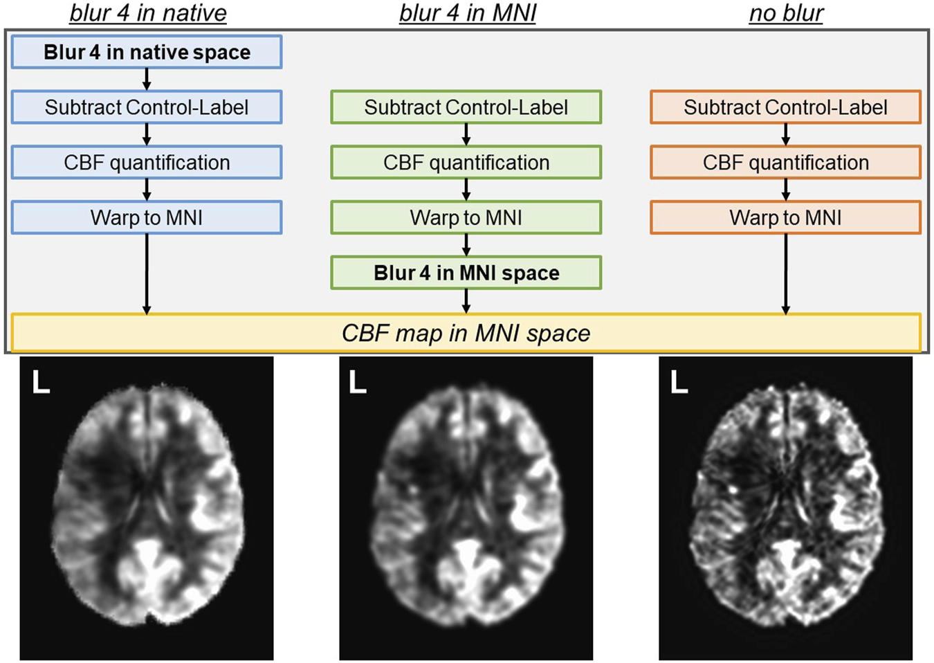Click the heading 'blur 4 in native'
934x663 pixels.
tap(148, 13)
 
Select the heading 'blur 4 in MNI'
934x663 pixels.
tap(467, 13)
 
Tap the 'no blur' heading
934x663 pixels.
tap(786, 13)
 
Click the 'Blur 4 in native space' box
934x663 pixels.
tap(147, 53)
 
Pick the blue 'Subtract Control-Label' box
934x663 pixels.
tap(147, 107)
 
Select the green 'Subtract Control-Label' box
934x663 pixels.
tap(466, 107)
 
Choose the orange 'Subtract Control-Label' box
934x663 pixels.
tap(785, 107)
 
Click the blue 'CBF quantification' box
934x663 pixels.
tap(147, 163)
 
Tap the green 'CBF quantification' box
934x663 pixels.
tap(466, 163)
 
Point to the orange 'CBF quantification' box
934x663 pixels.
tap(785, 163)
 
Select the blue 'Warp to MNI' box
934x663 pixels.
tap(147, 218)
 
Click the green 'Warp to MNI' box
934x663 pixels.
tap(466, 218)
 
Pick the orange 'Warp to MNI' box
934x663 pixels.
tap(785, 218)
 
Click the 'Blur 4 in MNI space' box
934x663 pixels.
tap(466, 273)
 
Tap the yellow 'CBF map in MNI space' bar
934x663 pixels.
tap(466, 333)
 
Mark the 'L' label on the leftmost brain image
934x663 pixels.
tap(41, 382)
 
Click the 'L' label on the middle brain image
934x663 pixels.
tap(357, 382)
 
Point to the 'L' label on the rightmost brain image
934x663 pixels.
tap(679, 382)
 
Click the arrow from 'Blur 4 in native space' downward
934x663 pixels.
tap(147, 80)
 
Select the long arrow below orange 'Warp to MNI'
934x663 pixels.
tap(785, 274)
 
